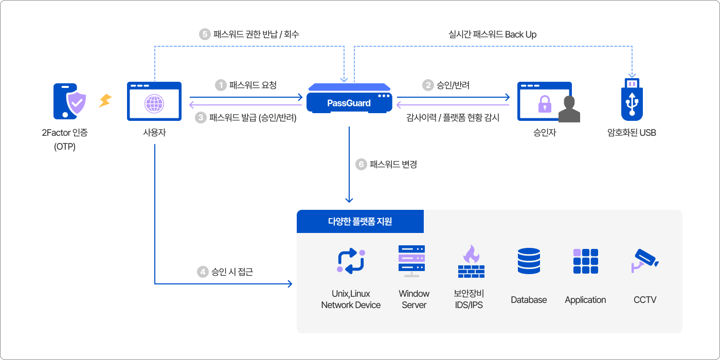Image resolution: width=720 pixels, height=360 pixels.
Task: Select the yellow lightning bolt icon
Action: [105, 100]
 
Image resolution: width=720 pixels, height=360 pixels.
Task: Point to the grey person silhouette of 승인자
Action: [568, 110]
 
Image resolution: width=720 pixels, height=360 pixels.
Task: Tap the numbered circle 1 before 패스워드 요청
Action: [221, 85]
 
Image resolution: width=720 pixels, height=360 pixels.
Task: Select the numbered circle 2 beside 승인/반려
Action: [428, 85]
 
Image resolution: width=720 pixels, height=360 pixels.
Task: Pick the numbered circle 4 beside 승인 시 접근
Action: [203, 272]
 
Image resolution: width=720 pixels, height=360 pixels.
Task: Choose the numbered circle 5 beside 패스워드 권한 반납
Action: [205, 34]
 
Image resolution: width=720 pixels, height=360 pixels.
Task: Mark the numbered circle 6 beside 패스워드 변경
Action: [361, 165]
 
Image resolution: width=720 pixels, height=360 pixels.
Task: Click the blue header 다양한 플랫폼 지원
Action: [360, 222]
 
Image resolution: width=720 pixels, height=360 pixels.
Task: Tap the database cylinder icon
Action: [529, 260]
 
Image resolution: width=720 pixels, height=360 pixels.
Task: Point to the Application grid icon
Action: [585, 261]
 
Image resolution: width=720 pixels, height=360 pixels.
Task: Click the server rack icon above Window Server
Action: [412, 260]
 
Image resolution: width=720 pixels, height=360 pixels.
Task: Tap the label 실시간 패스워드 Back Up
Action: [492, 34]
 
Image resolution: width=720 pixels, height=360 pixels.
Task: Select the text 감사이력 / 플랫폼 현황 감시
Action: [453, 118]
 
